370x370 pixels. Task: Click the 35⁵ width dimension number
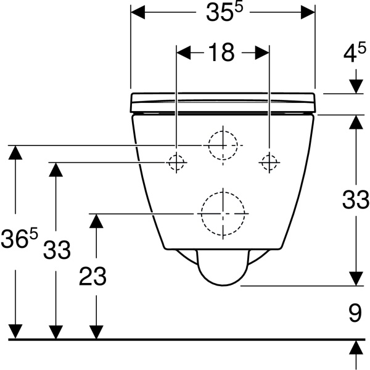[x=223, y=14]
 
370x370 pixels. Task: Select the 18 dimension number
[x=221, y=53]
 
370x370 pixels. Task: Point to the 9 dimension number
[x=355, y=314]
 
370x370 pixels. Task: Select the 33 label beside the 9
[x=356, y=200]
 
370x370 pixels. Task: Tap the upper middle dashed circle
[x=222, y=146]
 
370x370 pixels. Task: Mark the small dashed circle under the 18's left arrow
[x=176, y=162]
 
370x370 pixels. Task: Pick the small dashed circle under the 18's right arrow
[x=269, y=162]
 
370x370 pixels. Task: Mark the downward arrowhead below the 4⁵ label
[x=356, y=87]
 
